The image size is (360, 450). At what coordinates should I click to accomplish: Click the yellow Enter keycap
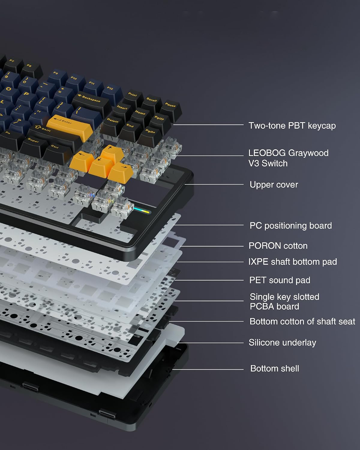click(x=70, y=127)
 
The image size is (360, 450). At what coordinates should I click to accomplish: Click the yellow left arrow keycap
click(x=82, y=161)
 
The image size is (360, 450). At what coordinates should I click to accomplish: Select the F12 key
click(x=112, y=93)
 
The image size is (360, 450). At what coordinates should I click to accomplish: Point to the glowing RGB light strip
click(x=142, y=210)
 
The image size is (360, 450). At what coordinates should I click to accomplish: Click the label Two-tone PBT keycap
click(x=292, y=126)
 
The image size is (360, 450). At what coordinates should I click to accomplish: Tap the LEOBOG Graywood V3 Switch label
click(x=288, y=158)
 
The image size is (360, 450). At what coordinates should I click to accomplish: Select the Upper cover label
click(x=274, y=184)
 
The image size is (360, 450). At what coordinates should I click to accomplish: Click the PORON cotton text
click(x=278, y=246)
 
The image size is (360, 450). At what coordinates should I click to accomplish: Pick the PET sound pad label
click(x=280, y=280)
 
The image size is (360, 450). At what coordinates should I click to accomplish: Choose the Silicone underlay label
click(x=282, y=343)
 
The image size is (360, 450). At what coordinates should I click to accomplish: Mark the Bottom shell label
click(x=275, y=368)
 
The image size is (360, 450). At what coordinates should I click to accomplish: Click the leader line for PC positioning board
click(x=208, y=225)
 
